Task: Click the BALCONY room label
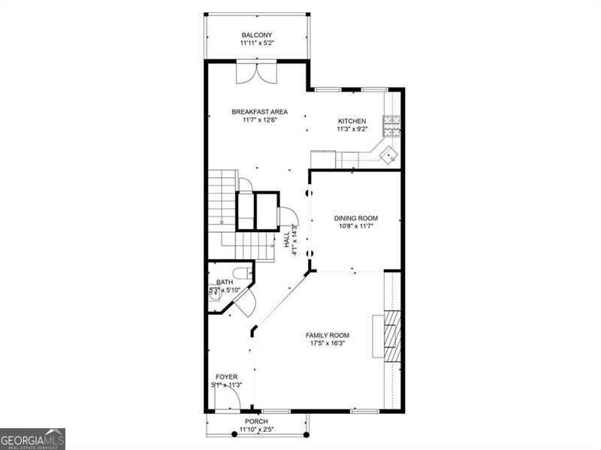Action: pos(256,35)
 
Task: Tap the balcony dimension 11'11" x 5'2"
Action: pos(256,44)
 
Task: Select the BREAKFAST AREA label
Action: pos(259,112)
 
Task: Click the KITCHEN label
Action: pos(352,121)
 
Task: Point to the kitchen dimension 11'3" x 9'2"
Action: pos(352,129)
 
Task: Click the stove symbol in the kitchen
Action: pos(392,124)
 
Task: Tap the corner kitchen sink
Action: pos(388,155)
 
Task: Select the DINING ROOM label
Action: pos(356,219)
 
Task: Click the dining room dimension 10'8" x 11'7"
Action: pos(356,226)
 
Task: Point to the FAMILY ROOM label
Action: pos(328,336)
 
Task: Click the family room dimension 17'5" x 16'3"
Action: pos(328,344)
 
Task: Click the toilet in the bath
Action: pos(241,273)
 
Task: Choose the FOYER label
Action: pos(226,376)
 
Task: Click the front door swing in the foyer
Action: pos(229,396)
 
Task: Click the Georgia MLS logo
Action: pos(32,439)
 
